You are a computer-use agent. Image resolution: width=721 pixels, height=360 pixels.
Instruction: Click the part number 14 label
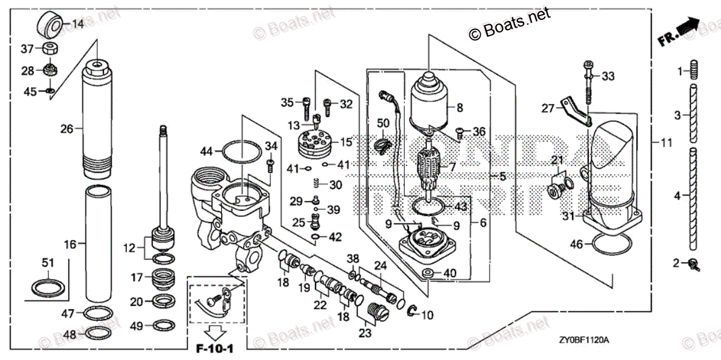79,25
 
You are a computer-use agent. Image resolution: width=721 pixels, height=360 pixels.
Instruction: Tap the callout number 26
67,128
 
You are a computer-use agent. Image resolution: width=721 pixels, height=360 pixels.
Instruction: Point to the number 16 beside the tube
71,244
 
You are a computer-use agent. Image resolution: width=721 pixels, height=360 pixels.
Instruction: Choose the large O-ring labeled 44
239,152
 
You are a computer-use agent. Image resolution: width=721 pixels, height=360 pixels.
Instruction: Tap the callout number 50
383,123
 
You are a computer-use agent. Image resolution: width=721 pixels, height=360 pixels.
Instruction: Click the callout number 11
666,142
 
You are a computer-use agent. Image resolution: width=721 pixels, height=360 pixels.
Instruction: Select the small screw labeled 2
695,263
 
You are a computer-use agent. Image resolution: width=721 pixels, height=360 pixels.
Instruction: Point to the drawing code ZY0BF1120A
583,340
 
